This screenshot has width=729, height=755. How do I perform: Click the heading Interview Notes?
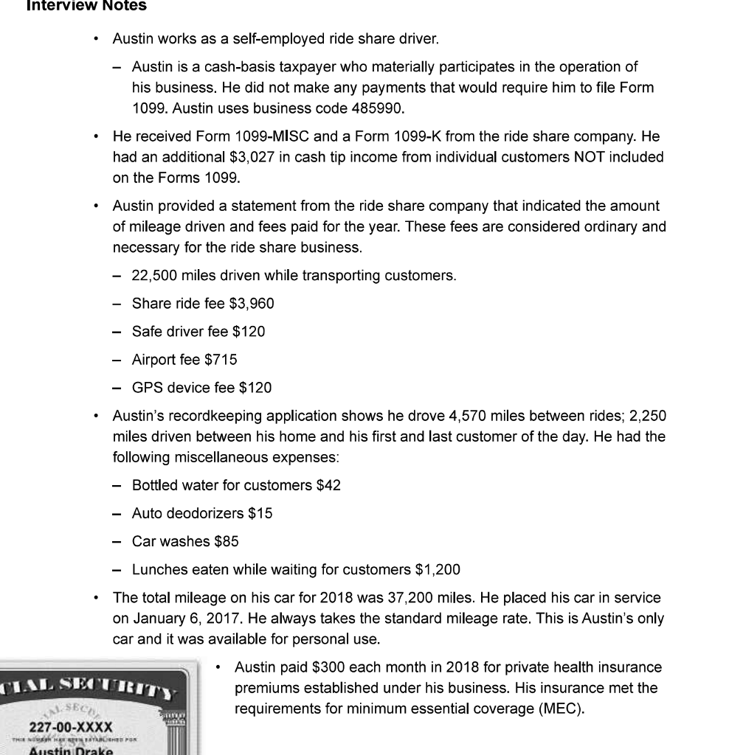86,7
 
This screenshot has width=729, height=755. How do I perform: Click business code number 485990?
376,108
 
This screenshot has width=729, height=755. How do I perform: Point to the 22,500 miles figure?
157,276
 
